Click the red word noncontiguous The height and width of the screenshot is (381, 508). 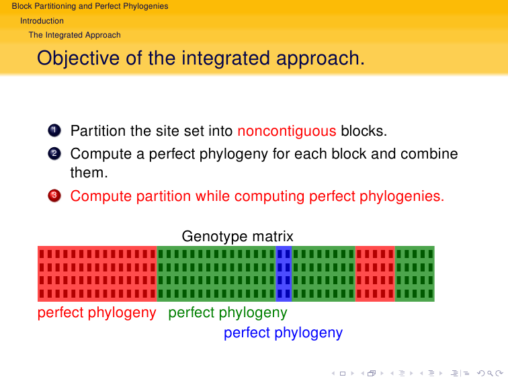coord(287,131)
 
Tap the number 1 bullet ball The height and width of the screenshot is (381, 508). coord(54,130)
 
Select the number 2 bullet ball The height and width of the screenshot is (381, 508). coord(54,154)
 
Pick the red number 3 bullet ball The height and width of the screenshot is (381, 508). coord(54,196)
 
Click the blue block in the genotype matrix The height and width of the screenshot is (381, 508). coord(284,273)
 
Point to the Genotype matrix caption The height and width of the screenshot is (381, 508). coord(237,236)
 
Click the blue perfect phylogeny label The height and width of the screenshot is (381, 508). coord(283,333)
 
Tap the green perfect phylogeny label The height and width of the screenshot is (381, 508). coord(227,312)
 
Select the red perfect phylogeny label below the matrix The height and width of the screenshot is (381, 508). coord(97,312)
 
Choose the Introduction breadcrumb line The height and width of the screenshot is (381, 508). coord(42,21)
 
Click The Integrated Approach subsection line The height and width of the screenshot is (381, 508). coord(75,35)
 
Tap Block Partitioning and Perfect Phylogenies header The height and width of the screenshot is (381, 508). coord(90,6)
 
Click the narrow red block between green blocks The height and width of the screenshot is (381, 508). coord(375,273)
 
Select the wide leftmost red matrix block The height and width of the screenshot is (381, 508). coord(97,273)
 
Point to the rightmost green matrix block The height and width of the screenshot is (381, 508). coord(415,273)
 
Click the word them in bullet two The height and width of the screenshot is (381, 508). coord(89,173)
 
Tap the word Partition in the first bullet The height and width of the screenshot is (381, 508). coord(98,131)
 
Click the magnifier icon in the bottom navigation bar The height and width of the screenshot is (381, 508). coord(490,374)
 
